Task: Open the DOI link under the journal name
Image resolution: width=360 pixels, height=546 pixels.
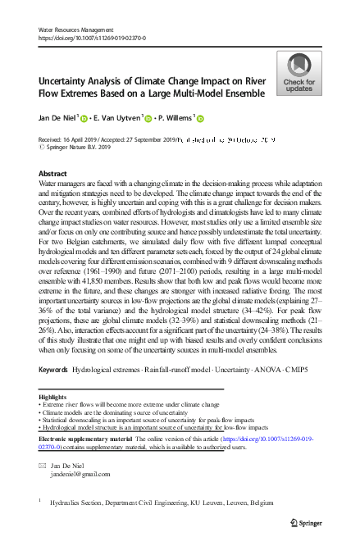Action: [93, 38]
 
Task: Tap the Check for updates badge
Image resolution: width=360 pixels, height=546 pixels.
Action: [299, 75]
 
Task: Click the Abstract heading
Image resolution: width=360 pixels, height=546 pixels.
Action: [53, 174]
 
